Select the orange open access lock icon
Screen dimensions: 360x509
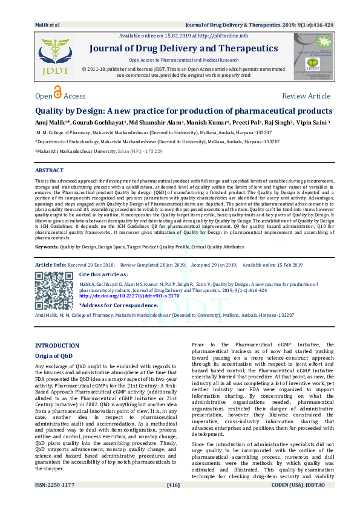pyautogui.click(x=58, y=93)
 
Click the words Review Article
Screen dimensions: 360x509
pyautogui.click(x=306, y=96)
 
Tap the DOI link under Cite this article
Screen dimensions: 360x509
pyautogui.click(x=118, y=296)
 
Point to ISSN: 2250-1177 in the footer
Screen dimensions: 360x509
pyautogui.click(x=56, y=501)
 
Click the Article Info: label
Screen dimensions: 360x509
pyautogui.click(x=51, y=265)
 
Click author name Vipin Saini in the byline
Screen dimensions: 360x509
pyautogui.click(x=313, y=122)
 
